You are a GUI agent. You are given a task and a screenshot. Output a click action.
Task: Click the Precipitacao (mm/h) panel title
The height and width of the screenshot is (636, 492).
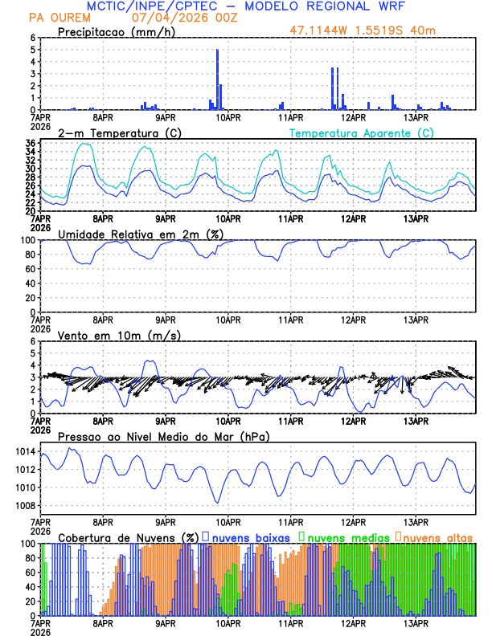pos(117,31)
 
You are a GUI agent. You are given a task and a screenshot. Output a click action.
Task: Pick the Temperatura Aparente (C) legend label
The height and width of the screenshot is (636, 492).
pos(361,132)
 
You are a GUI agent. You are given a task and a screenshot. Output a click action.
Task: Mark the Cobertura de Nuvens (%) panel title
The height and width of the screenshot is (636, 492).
pos(128,536)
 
